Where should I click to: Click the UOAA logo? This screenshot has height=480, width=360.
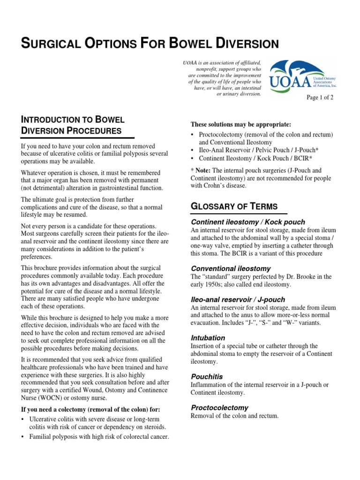tap(303, 76)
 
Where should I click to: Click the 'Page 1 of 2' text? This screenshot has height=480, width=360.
tap(320, 97)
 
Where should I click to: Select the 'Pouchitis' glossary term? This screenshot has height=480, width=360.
tap(207, 376)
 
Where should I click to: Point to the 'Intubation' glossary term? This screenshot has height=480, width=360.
tap(208, 337)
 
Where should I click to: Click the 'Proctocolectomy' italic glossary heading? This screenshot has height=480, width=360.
tap(219, 407)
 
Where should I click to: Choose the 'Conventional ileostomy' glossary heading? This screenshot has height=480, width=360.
tap(231, 269)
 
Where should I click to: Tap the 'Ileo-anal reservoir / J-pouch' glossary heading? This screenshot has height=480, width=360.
tap(238, 299)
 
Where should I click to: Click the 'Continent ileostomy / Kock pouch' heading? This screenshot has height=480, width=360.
tap(248, 222)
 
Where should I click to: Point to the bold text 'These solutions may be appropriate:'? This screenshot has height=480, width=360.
tap(241, 124)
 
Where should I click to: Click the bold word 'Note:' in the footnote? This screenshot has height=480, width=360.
tap(204, 171)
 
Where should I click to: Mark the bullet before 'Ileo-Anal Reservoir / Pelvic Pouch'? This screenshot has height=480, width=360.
tap(193, 150)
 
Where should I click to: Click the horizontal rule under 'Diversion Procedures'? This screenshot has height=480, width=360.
tap(78, 138)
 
